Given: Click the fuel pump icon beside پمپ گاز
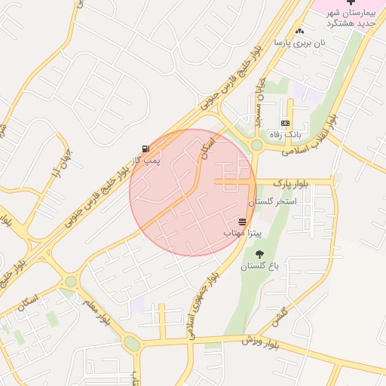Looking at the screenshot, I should coord(145,149).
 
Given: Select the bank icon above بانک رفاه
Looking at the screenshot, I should coord(285,123).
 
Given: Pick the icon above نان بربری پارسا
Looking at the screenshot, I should coord(300,31).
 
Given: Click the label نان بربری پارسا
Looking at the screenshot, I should coord(299,43).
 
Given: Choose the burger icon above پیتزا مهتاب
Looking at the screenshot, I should coord(242,222).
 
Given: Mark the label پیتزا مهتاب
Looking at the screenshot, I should coord(241,234).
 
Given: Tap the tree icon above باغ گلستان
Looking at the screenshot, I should coord(260,255).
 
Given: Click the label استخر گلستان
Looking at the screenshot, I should coord(273,202).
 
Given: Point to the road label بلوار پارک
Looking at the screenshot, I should coord(292,182).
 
